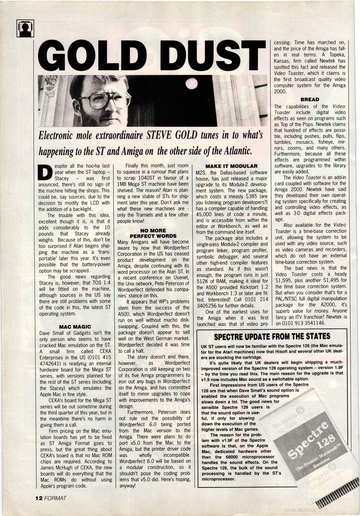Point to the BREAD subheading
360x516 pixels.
point(310,100)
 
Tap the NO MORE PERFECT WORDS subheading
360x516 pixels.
point(153,233)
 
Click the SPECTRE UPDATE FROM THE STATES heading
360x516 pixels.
point(272,336)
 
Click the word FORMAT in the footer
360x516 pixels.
point(55,498)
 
